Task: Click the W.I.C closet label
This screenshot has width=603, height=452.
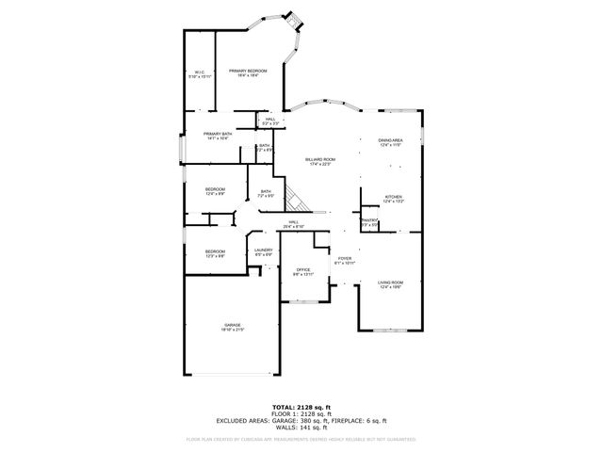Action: (x=198, y=73)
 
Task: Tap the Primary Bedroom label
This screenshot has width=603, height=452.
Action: (x=248, y=73)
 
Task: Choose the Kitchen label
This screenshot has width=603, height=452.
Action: (x=393, y=199)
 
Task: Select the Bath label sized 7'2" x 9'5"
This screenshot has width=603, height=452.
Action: (x=267, y=194)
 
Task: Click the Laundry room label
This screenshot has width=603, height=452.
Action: (x=263, y=251)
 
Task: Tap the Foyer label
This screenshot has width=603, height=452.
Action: (x=344, y=261)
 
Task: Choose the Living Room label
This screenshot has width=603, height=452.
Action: (x=390, y=284)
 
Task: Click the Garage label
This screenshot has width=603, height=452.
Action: (x=232, y=327)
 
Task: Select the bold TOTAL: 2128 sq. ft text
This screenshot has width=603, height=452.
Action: (x=301, y=406)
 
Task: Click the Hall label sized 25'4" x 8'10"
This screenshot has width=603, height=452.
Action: (x=294, y=225)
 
